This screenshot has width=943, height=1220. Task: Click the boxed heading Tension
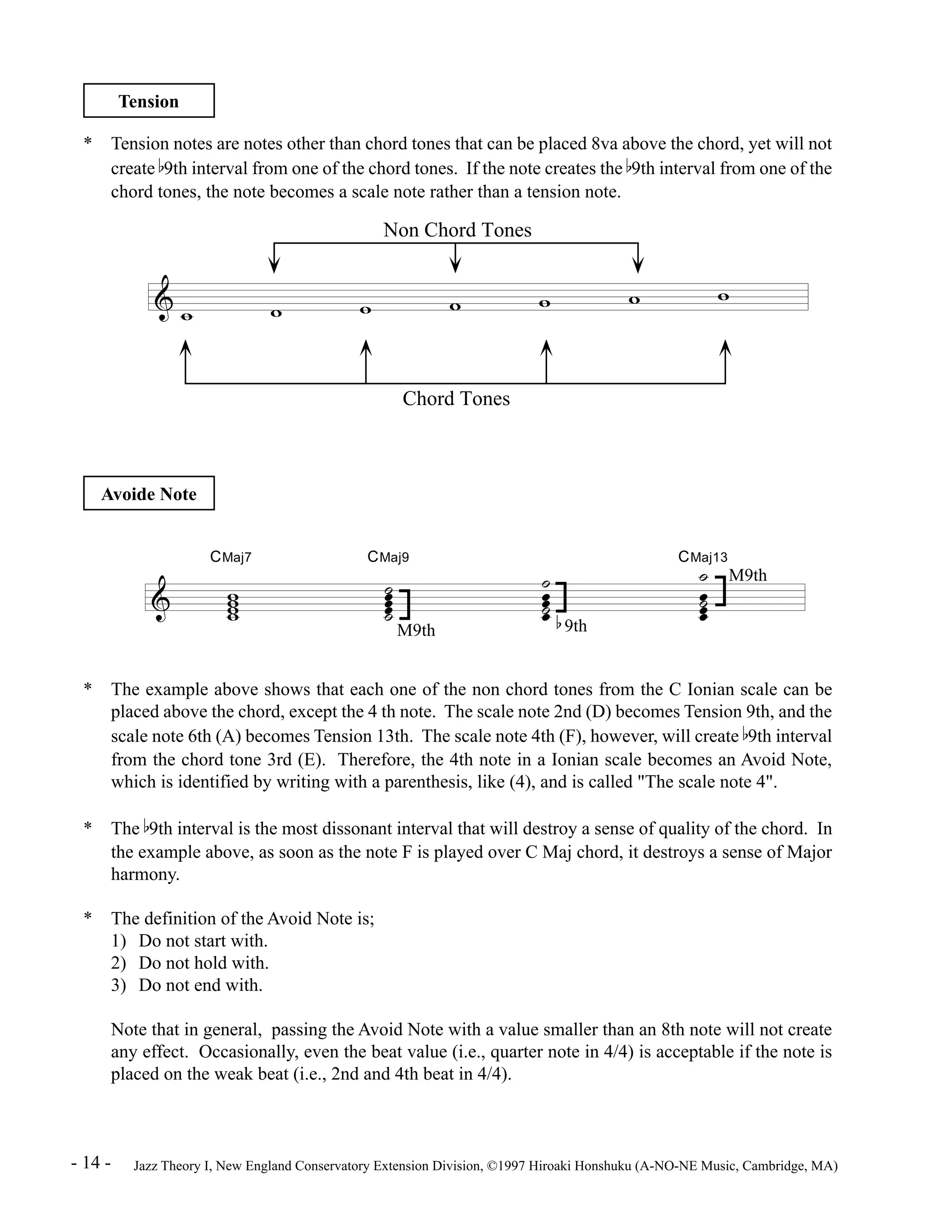[x=149, y=101]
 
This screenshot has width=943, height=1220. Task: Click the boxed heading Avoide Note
[x=149, y=494]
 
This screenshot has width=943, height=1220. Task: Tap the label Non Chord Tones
[x=457, y=230]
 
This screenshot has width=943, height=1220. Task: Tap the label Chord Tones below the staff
[x=456, y=398]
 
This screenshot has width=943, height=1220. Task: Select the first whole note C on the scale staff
[x=186, y=317]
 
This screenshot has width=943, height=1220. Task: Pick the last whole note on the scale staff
[x=723, y=296]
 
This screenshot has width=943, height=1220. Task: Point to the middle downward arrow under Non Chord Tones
[x=456, y=260]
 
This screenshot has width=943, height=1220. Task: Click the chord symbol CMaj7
[x=231, y=557]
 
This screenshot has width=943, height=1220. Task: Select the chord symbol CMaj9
[x=388, y=557]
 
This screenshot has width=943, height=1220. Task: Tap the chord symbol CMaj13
[x=703, y=557]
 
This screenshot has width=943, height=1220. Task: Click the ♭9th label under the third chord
[x=571, y=626]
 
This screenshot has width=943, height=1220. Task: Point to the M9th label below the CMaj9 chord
[x=416, y=630]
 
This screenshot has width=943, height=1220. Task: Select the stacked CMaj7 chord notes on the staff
[x=233, y=607]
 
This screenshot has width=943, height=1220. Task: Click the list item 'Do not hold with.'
[x=204, y=963]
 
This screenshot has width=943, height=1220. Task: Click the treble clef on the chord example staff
[x=161, y=599]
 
